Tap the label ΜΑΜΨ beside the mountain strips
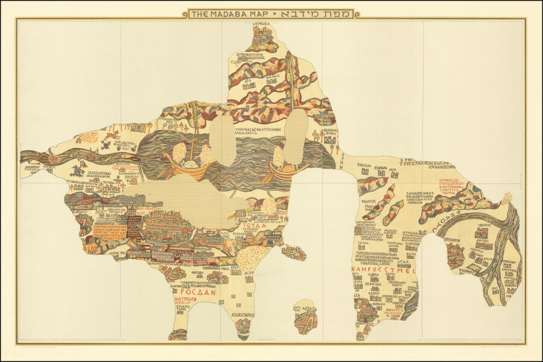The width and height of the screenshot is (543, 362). point(369,202)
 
